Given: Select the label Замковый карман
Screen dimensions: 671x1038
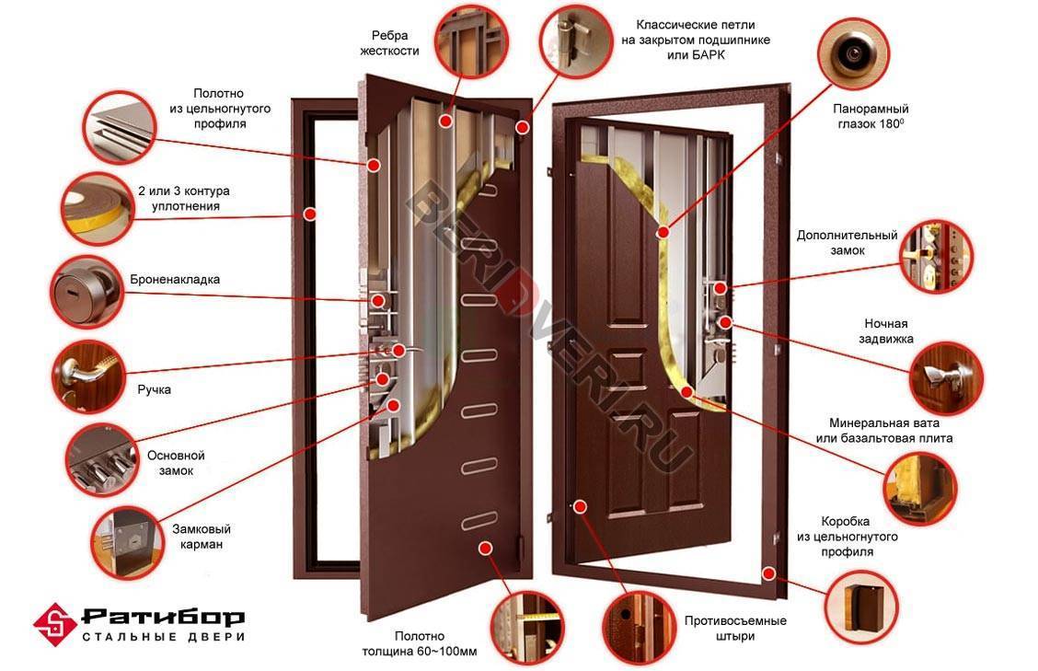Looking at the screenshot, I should point(202,537).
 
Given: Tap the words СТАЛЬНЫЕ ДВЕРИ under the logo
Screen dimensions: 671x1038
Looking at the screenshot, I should point(163,637).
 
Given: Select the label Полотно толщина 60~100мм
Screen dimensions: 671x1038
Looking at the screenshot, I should point(419,643).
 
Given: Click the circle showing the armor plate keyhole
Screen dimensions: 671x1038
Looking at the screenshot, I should point(85,291).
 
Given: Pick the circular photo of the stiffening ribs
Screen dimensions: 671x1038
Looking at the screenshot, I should point(471,39).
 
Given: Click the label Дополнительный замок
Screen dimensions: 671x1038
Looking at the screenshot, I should point(847,242).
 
